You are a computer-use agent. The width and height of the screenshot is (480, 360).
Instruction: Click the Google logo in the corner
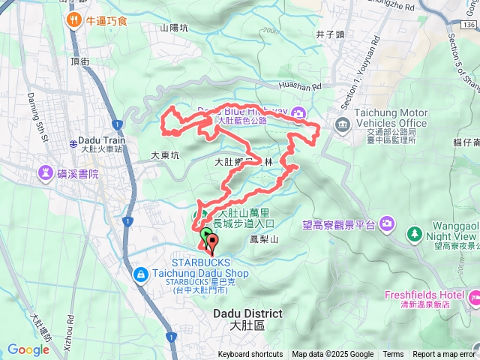coord(28,349)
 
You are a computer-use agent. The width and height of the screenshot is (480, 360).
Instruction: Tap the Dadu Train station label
coord(101,140)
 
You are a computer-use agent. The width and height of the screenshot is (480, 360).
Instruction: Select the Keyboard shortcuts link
coord(250,355)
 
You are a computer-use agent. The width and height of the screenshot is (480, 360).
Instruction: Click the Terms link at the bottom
coord(393,355)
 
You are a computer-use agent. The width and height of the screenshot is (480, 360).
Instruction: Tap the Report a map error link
coord(444,355)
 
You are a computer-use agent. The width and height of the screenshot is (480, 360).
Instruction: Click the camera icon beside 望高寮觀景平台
coord(387,223)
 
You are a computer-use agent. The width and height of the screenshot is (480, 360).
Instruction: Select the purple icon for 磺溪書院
coord(46,175)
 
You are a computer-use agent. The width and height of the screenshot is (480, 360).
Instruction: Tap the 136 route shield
coord(468,25)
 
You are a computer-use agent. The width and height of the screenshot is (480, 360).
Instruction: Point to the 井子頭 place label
coord(329,34)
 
